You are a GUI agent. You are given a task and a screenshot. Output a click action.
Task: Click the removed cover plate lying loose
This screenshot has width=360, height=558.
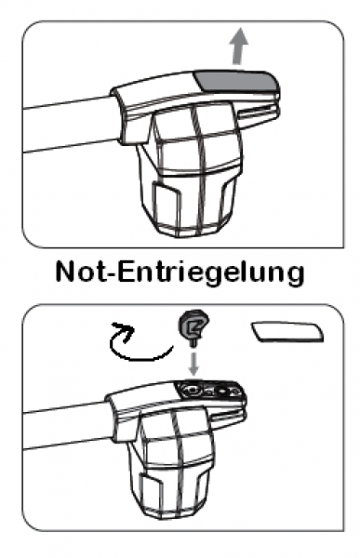tap(286, 333)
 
